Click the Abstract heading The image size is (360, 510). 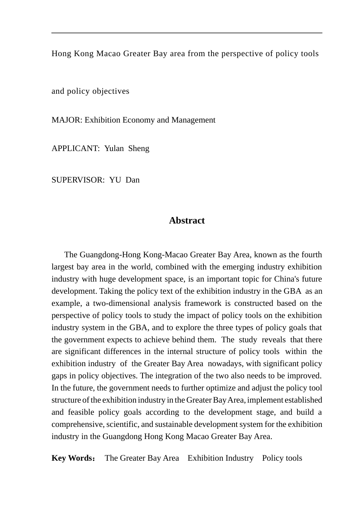click(186, 220)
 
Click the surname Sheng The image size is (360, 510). click(139, 148)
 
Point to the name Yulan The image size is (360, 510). click(114, 148)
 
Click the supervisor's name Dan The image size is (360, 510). click(133, 180)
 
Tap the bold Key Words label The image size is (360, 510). click(72, 458)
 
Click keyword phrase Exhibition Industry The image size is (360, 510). click(220, 458)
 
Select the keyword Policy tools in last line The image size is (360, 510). click(282, 458)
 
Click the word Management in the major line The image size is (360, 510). click(193, 120)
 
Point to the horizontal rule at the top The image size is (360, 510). click(186, 33)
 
